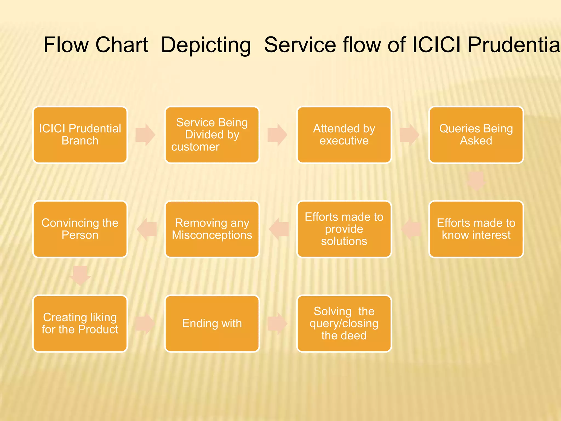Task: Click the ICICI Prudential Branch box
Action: pyautogui.click(x=80, y=135)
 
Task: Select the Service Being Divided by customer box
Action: pyautogui.click(x=212, y=135)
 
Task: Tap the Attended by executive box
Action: pyautogui.click(x=344, y=135)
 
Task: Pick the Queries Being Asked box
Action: pyautogui.click(x=476, y=135)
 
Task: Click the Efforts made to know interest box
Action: pyautogui.click(x=476, y=229)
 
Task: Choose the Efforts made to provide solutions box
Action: pyautogui.click(x=344, y=229)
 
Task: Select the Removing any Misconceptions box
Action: pyautogui.click(x=212, y=229)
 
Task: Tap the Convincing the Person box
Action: pyautogui.click(x=80, y=229)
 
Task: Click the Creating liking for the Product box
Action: pyautogui.click(x=80, y=323)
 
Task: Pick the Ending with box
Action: pyautogui.click(x=212, y=323)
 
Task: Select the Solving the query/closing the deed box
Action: pyautogui.click(x=344, y=323)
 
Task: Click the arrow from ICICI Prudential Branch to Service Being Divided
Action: pyautogui.click(x=145, y=135)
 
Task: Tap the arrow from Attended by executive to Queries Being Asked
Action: pyautogui.click(x=409, y=135)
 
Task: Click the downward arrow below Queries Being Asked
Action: pyautogui.click(x=476, y=181)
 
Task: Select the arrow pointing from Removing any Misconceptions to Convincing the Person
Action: pyautogui.click(x=147, y=229)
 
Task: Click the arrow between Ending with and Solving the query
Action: pyautogui.click(x=277, y=323)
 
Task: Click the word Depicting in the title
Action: pyautogui.click(x=206, y=45)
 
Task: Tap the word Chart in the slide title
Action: pyautogui.click(x=122, y=45)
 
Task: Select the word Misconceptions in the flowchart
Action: pyautogui.click(x=212, y=235)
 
